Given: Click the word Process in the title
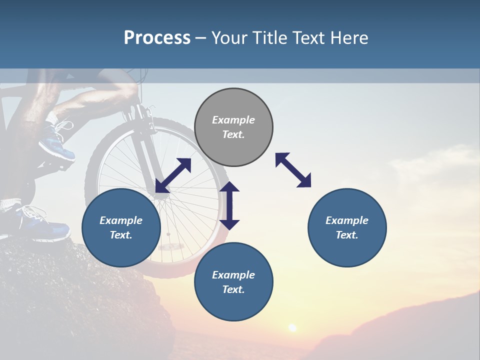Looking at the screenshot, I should [x=157, y=38].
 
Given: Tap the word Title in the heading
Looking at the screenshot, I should [x=271, y=38].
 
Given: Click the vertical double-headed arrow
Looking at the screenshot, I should [x=229, y=205].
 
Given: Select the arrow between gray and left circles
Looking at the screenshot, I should [x=173, y=175].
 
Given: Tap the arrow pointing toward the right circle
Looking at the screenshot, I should [x=293, y=170].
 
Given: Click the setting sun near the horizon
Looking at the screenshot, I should [x=292, y=328].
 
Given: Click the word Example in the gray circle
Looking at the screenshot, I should [x=233, y=120].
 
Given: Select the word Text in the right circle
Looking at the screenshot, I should [x=347, y=235].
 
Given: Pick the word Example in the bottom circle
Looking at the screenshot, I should [x=233, y=275].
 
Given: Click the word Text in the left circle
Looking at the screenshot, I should [x=121, y=235].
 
